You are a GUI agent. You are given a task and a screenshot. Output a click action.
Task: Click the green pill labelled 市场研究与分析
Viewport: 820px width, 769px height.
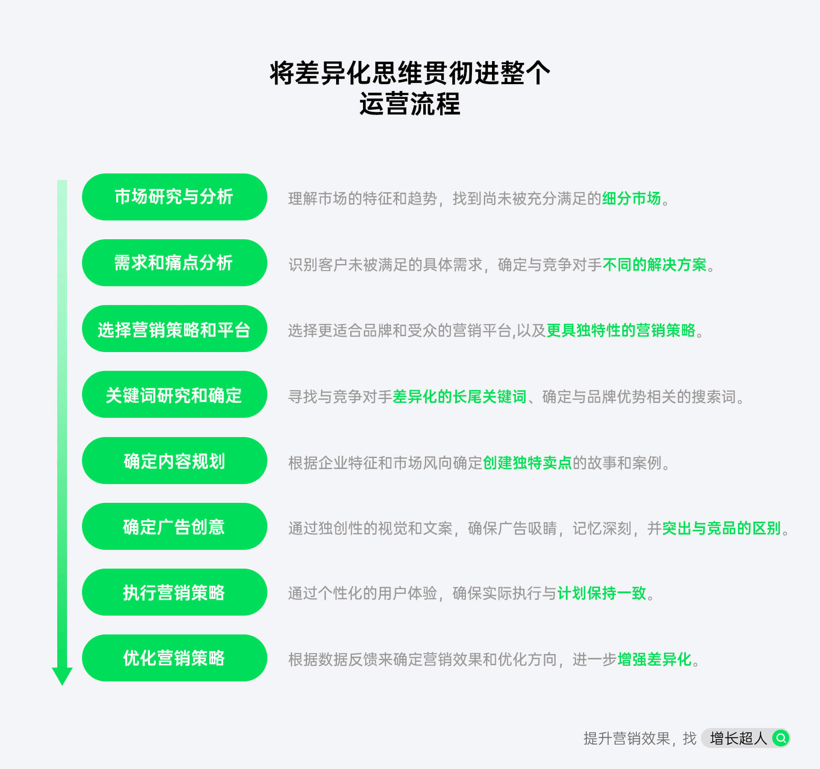(x=174, y=197)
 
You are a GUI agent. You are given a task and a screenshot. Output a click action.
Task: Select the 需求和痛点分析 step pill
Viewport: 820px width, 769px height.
(x=174, y=263)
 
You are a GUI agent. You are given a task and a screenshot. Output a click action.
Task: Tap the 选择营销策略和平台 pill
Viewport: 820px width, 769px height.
(x=174, y=329)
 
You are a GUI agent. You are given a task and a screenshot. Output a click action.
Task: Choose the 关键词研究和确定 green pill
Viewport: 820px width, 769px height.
(x=174, y=394)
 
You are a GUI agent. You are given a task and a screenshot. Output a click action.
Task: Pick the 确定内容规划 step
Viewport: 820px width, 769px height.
(x=174, y=461)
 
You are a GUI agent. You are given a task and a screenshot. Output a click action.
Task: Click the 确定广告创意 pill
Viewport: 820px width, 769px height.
(x=174, y=526)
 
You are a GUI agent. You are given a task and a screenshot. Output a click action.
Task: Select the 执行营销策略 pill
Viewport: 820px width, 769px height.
(x=174, y=592)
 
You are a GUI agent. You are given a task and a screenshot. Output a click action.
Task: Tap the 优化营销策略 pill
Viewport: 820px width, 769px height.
(x=174, y=658)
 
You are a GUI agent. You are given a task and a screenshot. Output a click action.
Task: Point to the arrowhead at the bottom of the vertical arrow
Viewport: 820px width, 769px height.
(x=62, y=685)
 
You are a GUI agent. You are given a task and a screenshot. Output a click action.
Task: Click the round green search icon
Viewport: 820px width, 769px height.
(x=781, y=738)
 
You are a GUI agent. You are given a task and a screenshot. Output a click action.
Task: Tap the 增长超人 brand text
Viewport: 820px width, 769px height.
(x=738, y=738)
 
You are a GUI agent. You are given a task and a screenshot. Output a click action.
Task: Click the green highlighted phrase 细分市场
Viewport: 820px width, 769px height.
(x=631, y=199)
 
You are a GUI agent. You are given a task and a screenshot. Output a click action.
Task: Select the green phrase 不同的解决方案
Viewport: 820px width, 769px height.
(x=655, y=265)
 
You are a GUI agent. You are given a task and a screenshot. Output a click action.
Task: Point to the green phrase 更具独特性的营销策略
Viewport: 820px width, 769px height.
(x=621, y=331)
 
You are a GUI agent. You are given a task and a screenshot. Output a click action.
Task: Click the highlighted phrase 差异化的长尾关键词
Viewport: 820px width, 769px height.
(x=460, y=397)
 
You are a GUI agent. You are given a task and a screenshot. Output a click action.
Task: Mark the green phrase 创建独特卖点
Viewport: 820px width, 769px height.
(x=527, y=463)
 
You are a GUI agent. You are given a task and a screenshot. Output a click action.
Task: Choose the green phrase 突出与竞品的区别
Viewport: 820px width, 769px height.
(x=722, y=528)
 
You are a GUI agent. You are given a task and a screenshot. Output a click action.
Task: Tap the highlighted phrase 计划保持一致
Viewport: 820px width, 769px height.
(x=602, y=593)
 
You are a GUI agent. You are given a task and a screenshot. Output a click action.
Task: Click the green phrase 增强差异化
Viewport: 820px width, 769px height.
(x=655, y=660)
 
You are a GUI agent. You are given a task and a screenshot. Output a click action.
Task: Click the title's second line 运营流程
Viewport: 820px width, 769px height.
(x=410, y=104)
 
